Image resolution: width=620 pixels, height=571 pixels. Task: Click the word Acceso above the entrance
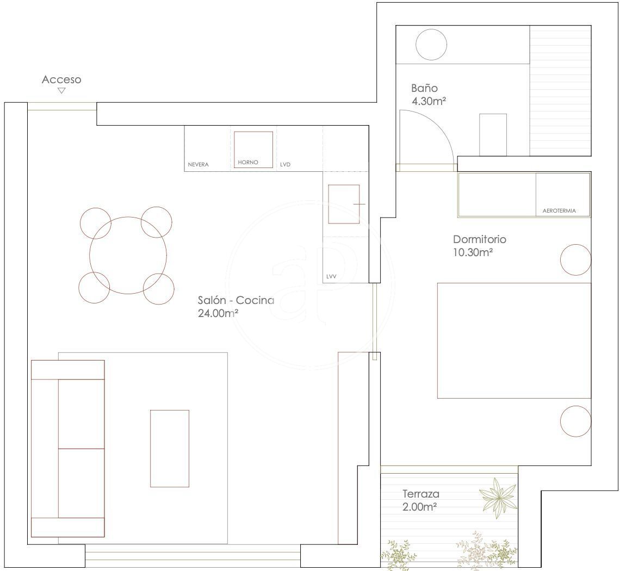click(61, 79)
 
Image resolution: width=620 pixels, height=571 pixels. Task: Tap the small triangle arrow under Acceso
click(61, 91)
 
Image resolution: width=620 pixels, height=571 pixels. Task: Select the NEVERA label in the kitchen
click(198, 164)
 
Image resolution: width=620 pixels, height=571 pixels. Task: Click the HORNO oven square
click(253, 150)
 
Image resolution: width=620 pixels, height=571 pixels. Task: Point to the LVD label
click(285, 164)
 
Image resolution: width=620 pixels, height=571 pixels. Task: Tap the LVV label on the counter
click(331, 276)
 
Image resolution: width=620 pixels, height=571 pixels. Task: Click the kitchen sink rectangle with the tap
click(344, 204)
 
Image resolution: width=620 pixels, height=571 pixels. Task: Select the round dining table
click(128, 255)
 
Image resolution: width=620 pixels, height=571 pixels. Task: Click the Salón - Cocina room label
click(236, 300)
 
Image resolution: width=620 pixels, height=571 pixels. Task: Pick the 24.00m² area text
click(218, 313)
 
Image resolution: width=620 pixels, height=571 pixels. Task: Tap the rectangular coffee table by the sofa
click(170, 449)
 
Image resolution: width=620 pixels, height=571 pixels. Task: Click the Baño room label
click(424, 88)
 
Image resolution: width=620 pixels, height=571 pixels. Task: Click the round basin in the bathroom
click(431, 45)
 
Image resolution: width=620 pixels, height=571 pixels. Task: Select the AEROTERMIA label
click(559, 211)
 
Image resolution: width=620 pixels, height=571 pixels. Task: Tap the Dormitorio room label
click(480, 239)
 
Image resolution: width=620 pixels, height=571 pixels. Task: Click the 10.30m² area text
click(473, 252)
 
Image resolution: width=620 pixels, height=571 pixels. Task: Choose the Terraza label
click(421, 494)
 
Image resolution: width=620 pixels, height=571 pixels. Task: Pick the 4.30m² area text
click(429, 101)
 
